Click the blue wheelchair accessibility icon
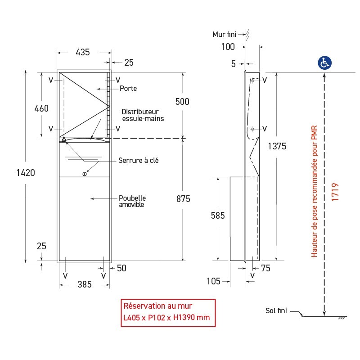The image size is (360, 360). tap(324, 63)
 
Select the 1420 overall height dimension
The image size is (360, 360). tap(26, 172)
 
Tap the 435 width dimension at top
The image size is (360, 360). tap(82, 52)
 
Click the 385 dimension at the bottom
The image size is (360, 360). tap(84, 284)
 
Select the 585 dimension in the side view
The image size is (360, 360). tap(218, 216)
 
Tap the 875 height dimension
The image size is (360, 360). tap(182, 199)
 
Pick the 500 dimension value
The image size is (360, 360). tap(182, 102)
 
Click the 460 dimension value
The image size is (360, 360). tap(41, 108)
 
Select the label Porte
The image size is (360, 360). tap(128, 89)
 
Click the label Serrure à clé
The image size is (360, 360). tap(138, 160)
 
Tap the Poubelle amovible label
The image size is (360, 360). tap(132, 201)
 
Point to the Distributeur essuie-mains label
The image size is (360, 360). tap(143, 115)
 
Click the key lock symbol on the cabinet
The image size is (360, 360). tap(84, 174)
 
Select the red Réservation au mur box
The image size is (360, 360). tap(167, 311)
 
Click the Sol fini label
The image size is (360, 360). tap(276, 310)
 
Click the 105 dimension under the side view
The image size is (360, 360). tap(214, 281)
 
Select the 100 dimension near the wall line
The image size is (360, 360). tap(228, 46)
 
